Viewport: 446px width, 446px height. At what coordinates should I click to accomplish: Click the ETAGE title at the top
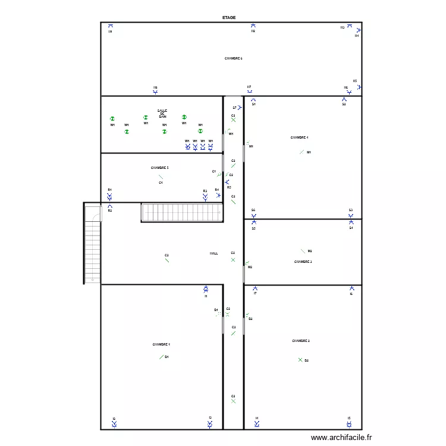click(229, 18)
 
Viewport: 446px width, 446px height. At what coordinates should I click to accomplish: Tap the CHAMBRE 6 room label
click(233, 58)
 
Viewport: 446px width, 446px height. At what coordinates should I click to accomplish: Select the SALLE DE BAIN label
click(162, 114)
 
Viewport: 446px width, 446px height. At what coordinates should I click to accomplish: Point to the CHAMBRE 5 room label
click(160, 168)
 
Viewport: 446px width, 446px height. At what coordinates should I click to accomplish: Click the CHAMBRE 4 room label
click(299, 137)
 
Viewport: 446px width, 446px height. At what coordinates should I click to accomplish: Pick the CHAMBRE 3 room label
click(303, 261)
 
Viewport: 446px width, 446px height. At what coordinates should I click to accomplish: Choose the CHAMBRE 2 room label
click(300, 341)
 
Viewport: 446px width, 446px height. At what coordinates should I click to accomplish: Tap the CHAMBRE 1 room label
click(161, 344)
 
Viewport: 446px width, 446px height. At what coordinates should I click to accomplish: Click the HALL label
click(213, 253)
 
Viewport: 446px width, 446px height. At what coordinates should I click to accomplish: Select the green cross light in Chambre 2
click(300, 359)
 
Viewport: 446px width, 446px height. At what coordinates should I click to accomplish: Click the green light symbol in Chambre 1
click(161, 357)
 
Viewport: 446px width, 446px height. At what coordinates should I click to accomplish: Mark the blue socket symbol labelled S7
click(240, 108)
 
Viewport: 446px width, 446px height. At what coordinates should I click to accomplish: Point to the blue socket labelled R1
click(110, 194)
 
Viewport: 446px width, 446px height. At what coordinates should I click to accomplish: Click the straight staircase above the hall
click(181, 212)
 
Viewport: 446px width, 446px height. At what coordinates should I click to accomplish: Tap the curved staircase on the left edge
click(92, 244)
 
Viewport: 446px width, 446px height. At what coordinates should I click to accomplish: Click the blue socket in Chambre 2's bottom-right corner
click(349, 424)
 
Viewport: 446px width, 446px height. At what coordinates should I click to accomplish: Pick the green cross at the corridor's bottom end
click(233, 401)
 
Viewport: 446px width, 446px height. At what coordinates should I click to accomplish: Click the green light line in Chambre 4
click(302, 152)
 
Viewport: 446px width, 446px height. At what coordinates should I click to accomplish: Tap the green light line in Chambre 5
click(161, 177)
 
